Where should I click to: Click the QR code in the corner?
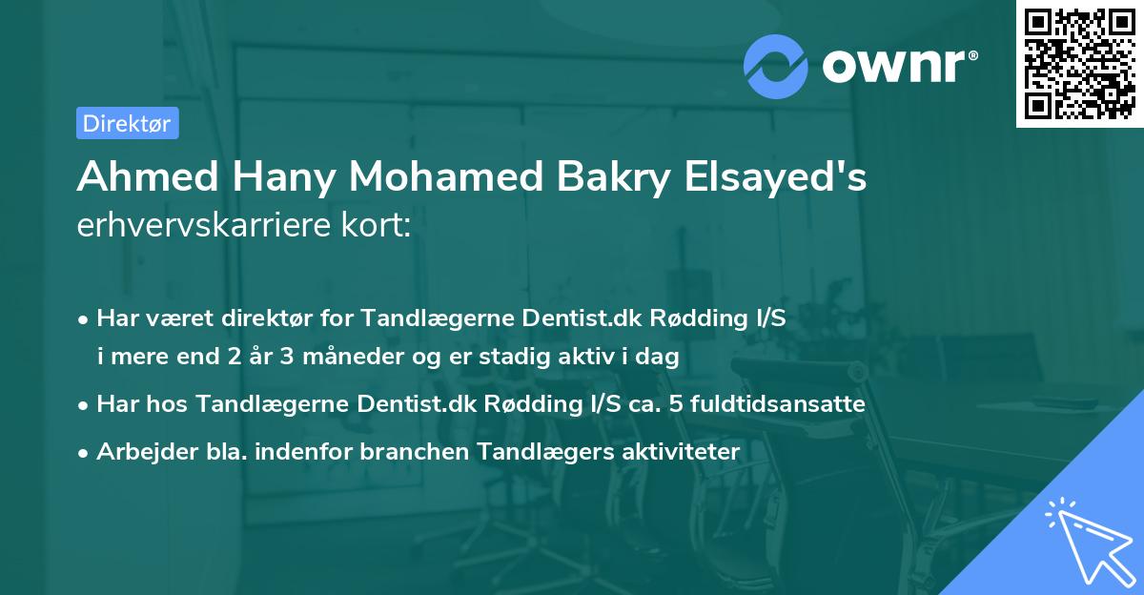[1079, 64]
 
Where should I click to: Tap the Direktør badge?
[127, 123]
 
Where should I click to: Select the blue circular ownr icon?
[776, 66]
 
